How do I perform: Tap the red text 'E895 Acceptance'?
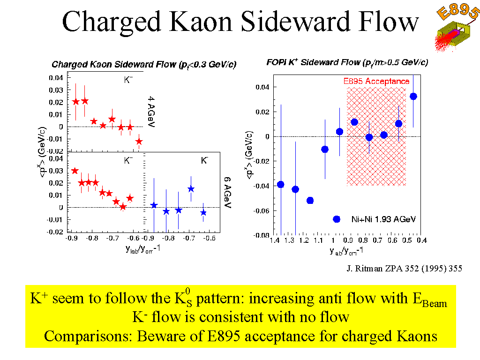click(x=376, y=81)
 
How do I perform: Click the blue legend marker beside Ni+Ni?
click(x=336, y=219)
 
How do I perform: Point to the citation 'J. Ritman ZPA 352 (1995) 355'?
click(x=404, y=269)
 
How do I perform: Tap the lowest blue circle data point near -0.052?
click(x=310, y=201)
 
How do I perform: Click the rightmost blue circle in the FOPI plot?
click(x=413, y=97)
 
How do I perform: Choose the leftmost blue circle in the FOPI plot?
click(x=281, y=184)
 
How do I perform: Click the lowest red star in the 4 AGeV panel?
click(x=139, y=141)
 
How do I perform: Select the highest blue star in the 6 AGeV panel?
click(x=191, y=189)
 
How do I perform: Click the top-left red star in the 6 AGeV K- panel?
click(x=75, y=171)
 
